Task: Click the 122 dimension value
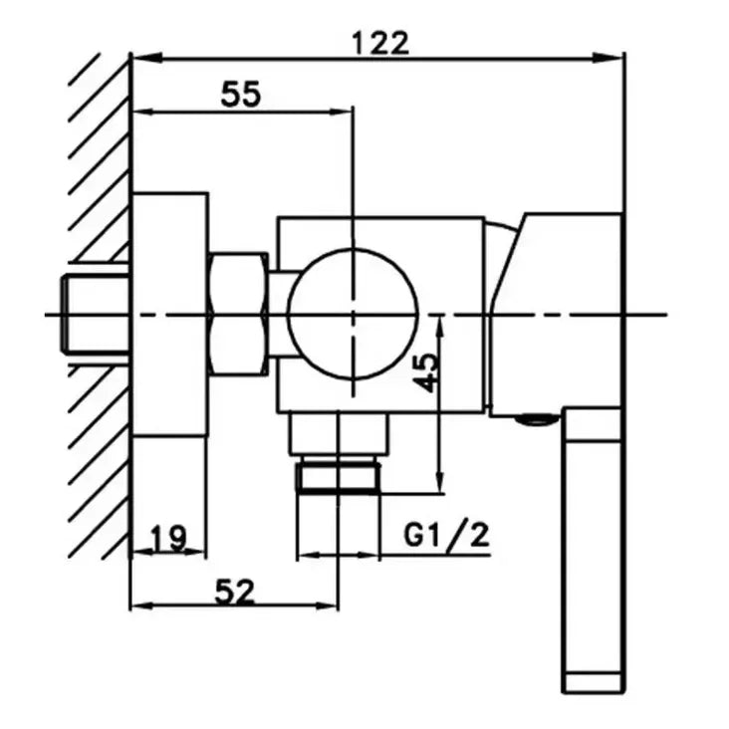point(380,43)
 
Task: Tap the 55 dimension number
point(241,94)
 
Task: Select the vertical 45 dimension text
point(426,372)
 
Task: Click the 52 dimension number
point(235,592)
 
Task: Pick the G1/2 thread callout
point(446,535)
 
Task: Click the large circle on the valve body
point(353,315)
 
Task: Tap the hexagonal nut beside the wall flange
point(239,314)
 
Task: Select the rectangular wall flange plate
point(169,315)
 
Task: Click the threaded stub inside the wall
point(95,314)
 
